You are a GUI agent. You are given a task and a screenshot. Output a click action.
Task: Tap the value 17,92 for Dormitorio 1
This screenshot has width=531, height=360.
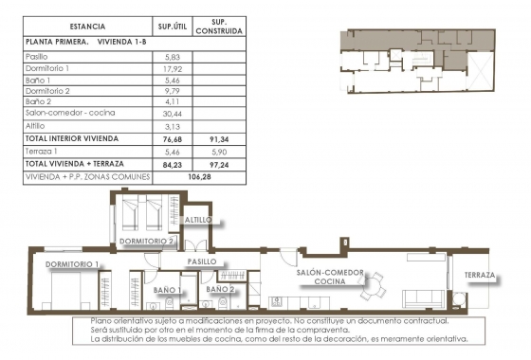click(x=172, y=69)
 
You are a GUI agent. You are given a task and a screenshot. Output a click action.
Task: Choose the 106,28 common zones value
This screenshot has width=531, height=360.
click(x=198, y=176)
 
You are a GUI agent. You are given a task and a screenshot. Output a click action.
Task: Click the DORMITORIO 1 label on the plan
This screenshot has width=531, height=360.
click(x=72, y=263)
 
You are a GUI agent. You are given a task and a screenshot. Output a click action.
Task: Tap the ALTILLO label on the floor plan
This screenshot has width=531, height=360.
click(x=199, y=220)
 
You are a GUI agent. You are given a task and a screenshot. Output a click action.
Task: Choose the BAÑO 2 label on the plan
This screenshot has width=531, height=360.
click(x=219, y=289)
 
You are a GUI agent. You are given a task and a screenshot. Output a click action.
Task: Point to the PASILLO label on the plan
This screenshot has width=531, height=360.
click(x=202, y=261)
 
